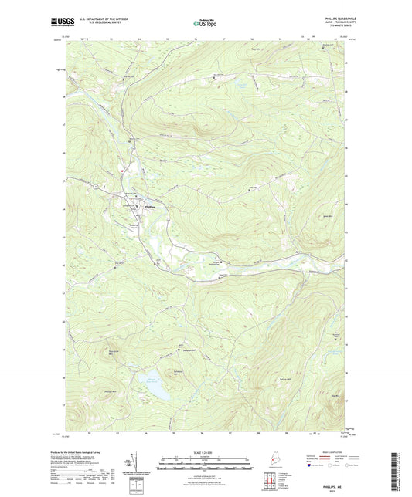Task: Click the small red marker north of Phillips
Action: (x=121, y=170)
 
